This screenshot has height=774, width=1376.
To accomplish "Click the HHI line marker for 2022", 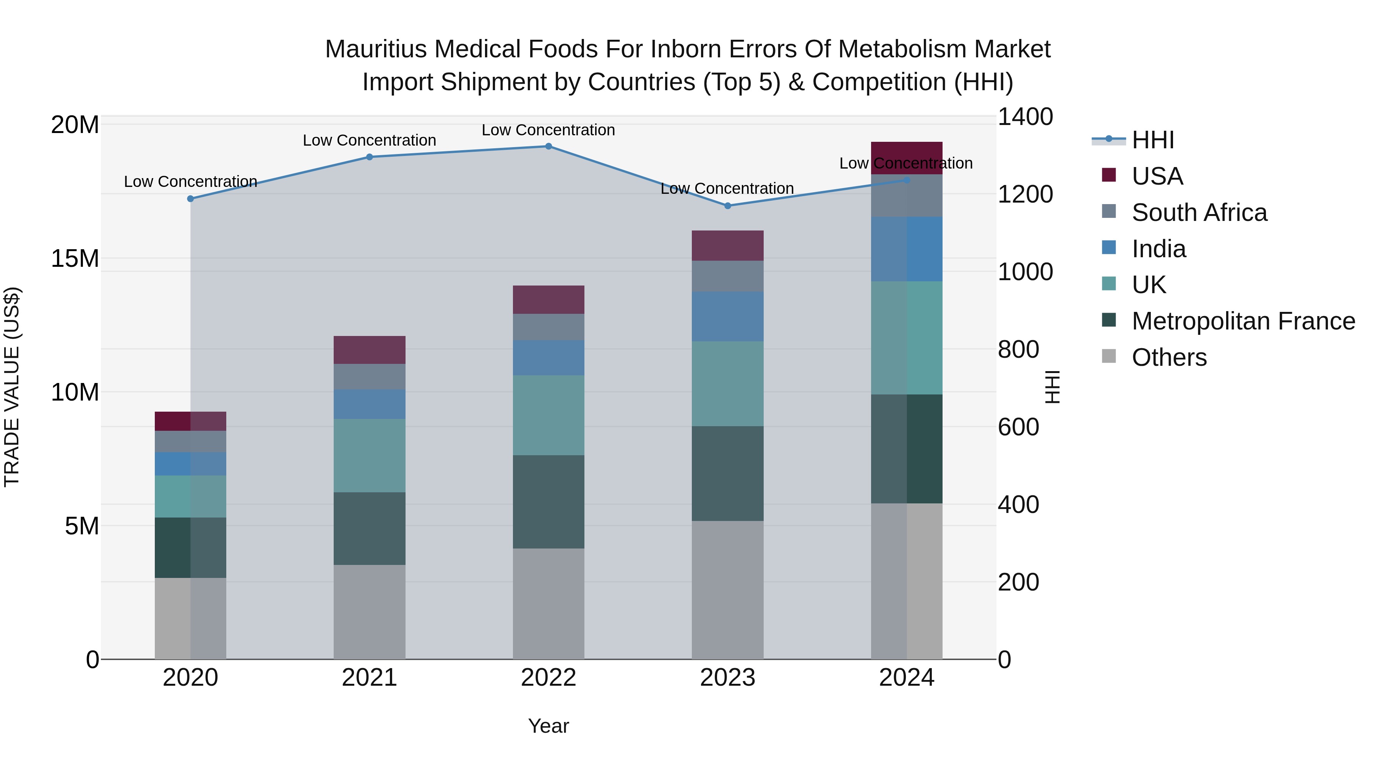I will tap(548, 146).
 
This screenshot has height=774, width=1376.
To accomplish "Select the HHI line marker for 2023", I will tap(727, 206).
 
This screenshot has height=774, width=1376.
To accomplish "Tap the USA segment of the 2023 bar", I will tap(727, 246).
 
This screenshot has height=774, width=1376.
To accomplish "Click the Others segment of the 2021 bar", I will tap(369, 612).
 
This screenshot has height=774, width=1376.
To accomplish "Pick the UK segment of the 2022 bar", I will tap(548, 415).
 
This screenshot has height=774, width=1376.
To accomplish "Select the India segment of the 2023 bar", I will tap(727, 316).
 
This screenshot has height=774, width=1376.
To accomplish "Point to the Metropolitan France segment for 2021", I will tap(369, 528).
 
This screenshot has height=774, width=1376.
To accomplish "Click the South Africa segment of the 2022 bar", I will tap(548, 327).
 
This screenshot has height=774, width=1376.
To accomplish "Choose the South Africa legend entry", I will tap(1199, 213).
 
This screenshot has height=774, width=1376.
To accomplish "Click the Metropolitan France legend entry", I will tap(1243, 321).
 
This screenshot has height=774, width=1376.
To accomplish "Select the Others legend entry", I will tap(1169, 357).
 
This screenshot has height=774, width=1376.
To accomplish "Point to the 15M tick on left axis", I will tap(75, 258).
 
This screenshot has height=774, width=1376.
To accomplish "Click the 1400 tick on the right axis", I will tap(1024, 117).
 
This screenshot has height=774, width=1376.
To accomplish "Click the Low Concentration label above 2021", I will tap(369, 141).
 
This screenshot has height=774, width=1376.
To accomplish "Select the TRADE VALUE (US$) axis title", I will tap(12, 387).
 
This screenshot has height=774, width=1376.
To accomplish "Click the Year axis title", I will tap(548, 726).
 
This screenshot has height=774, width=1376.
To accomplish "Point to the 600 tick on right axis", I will tap(1017, 427).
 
